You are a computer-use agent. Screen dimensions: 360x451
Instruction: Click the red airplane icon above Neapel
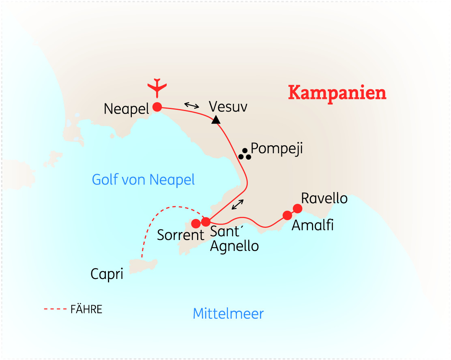tap(157, 86)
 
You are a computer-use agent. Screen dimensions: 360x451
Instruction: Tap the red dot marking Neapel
tap(157, 107)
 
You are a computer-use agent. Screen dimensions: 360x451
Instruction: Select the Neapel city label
tap(127, 109)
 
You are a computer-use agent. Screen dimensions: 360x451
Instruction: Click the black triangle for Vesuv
tap(216, 119)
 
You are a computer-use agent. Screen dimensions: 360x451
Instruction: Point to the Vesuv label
tap(228, 107)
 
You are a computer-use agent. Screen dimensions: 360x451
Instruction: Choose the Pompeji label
tap(277, 148)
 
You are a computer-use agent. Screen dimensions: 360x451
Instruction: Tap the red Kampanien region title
tap(337, 93)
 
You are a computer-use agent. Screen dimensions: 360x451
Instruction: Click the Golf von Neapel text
tap(144, 179)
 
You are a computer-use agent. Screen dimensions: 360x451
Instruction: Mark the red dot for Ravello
tap(298, 208)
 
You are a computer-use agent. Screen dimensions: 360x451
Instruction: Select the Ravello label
tap(324, 198)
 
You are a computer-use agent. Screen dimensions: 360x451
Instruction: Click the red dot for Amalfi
tap(288, 215)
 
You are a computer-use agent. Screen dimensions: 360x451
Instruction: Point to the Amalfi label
tap(312, 225)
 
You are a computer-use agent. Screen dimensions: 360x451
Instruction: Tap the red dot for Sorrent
tap(196, 223)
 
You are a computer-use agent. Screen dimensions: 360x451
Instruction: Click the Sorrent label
tap(180, 235)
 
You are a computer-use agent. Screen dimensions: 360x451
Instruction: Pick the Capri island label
tap(107, 274)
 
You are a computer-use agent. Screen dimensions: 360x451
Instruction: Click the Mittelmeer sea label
tap(228, 313)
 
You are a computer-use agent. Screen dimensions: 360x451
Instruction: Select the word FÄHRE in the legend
tap(86, 310)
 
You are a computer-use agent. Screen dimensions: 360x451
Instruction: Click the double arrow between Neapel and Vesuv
tap(192, 105)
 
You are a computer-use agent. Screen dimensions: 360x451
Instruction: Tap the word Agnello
tap(234, 246)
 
